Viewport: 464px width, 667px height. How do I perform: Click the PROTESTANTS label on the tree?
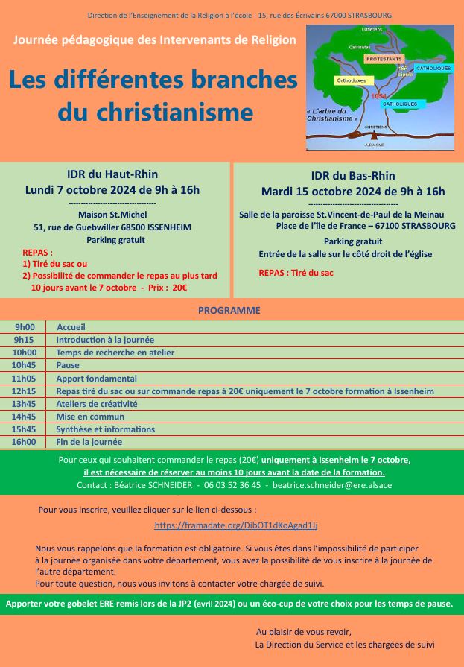coord(384,58)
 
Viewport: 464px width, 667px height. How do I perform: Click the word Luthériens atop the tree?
coord(371,29)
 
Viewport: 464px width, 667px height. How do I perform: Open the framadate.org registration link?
coord(236,525)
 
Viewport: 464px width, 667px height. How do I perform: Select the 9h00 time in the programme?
coord(25,326)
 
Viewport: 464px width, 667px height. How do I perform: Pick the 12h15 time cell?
coord(25,391)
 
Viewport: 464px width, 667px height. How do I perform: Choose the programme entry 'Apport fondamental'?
coord(96,378)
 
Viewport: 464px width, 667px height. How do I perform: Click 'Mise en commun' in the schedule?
coord(90,417)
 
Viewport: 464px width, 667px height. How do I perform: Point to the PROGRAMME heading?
coord(229,309)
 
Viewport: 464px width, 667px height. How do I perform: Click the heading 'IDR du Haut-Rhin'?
coord(112,174)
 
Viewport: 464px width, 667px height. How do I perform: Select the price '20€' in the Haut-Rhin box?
coord(179,287)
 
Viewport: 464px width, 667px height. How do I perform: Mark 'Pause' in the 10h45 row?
coord(68,365)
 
